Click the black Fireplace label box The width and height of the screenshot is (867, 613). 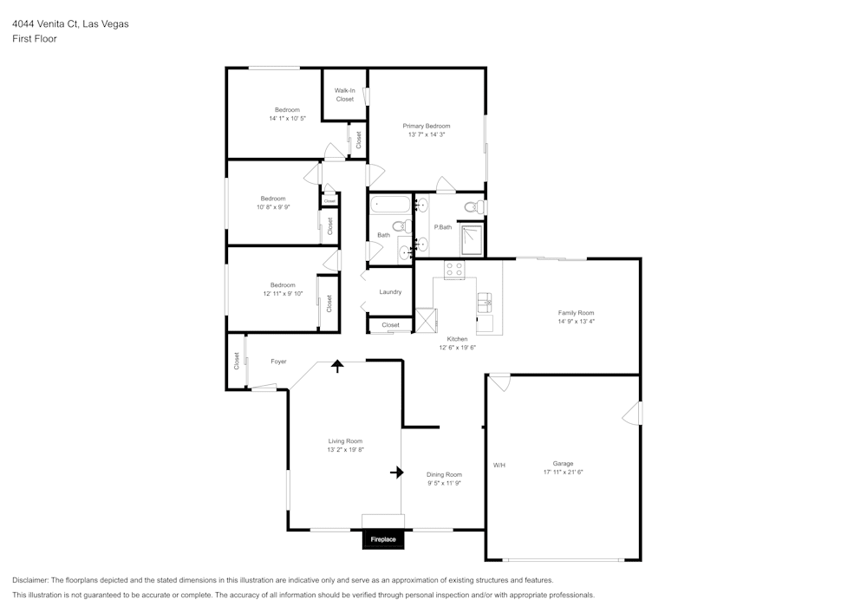pyautogui.click(x=383, y=539)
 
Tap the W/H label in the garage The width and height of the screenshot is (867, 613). pyautogui.click(x=499, y=466)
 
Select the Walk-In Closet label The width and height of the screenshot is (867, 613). pyautogui.click(x=344, y=95)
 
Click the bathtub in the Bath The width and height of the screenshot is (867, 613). pyautogui.click(x=389, y=205)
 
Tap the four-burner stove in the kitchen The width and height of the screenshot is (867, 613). pyautogui.click(x=454, y=269)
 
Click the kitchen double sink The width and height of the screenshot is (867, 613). pyautogui.click(x=484, y=303)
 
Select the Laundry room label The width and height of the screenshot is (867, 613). pyautogui.click(x=390, y=292)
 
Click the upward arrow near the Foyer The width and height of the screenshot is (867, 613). pyautogui.click(x=336, y=366)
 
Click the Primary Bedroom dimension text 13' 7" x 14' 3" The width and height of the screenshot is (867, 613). pyautogui.click(x=426, y=134)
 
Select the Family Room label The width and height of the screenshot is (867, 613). pyautogui.click(x=576, y=313)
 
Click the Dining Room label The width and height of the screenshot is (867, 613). pyautogui.click(x=444, y=474)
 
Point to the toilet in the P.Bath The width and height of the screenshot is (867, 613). pyautogui.click(x=473, y=207)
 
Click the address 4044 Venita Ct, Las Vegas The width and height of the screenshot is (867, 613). pyautogui.click(x=70, y=24)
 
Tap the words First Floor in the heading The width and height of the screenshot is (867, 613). pyautogui.click(x=35, y=39)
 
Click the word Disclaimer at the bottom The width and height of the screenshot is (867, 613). pyautogui.click(x=30, y=580)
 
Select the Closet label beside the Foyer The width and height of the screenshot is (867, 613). pyautogui.click(x=236, y=361)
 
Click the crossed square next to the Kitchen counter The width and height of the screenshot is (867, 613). pyautogui.click(x=427, y=321)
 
